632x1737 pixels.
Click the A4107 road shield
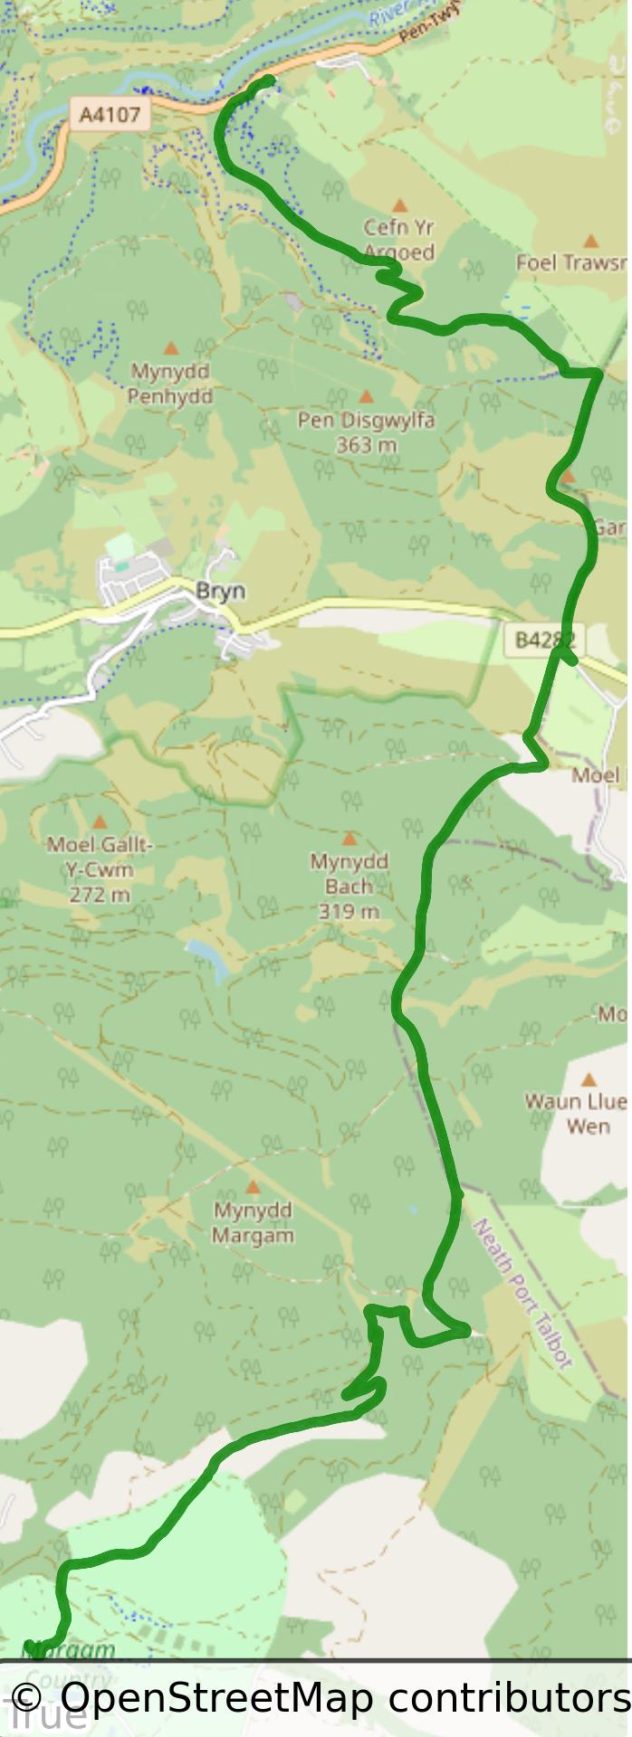coord(110,115)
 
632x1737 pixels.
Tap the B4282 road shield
coord(545,640)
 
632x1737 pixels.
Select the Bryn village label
coord(220,591)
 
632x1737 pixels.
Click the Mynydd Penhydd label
coord(170,384)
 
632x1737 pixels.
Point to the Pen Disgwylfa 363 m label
coord(366,432)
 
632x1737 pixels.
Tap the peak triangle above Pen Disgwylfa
coord(367,396)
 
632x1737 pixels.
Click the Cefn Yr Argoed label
coord(399,240)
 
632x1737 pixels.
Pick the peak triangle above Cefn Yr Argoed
coord(399,206)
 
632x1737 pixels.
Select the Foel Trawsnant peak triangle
coord(590,242)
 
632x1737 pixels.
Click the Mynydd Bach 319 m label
coord(349,886)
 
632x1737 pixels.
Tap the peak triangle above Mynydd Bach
coord(349,840)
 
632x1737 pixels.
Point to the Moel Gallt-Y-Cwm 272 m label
coord(100,869)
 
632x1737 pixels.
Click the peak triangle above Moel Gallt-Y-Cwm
coord(100,822)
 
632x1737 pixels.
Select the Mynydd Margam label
coord(253,1222)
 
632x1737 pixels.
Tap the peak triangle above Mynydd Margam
coord(253,1187)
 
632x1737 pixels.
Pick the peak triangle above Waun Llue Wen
coord(589,1079)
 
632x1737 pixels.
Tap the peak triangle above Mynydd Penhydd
coord(170,348)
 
